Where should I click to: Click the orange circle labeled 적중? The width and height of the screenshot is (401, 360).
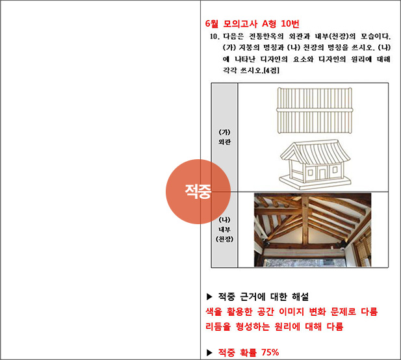198,192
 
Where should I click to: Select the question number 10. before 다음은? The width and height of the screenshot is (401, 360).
214,36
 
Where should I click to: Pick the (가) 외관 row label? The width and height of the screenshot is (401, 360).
224,137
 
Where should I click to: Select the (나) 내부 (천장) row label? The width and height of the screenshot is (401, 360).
224,229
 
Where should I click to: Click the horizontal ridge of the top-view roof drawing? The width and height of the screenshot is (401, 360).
315,110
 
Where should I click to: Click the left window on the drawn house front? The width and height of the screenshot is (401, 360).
310,173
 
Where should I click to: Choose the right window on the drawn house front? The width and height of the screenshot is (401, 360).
335,170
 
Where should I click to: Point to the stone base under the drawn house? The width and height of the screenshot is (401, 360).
315,183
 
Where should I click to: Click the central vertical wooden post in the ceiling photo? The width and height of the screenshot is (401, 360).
305,220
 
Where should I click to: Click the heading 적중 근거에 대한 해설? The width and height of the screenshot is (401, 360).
263,296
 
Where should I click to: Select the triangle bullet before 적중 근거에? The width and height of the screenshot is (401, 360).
209,296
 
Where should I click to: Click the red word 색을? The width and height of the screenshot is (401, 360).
214,312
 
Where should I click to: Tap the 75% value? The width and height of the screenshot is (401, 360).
270,352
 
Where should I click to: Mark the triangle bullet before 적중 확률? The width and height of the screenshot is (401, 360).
209,353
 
